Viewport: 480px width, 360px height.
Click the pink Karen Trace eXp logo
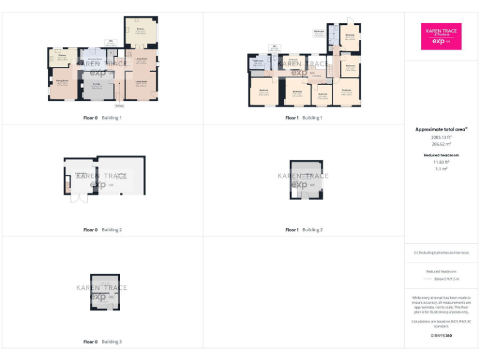click(x=442, y=36)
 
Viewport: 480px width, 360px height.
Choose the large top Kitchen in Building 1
click(x=141, y=31)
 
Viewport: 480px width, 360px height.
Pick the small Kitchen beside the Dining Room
click(x=62, y=57)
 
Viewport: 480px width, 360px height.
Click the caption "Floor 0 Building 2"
click(x=102, y=230)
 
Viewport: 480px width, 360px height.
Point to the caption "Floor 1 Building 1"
click(x=304, y=117)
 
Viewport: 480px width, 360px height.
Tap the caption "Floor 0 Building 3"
click(x=102, y=342)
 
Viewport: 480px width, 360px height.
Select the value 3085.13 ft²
click(x=441, y=137)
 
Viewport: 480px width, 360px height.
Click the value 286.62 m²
click(x=441, y=144)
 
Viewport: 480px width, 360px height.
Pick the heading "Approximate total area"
click(x=441, y=129)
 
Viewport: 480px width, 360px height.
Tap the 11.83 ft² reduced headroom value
click(x=441, y=162)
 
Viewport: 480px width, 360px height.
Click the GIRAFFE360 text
click(x=441, y=336)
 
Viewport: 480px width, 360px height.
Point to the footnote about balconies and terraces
click(x=441, y=252)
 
